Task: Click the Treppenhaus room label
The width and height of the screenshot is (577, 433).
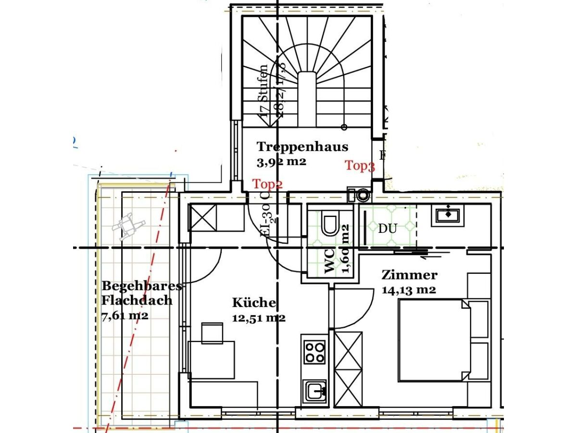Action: tap(302, 146)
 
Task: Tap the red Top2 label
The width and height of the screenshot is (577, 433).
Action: tap(268, 184)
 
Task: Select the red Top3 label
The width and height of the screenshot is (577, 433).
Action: tap(360, 166)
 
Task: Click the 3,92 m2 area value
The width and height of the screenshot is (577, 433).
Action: tap(281, 162)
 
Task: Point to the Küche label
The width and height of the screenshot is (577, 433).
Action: tap(254, 303)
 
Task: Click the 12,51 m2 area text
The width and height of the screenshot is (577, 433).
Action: tap(259, 318)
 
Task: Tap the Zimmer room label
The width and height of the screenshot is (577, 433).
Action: tap(409, 275)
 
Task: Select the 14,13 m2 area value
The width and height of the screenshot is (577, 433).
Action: tap(409, 290)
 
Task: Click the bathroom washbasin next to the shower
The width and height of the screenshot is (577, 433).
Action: tap(450, 215)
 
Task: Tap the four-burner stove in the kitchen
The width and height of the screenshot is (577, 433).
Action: tap(315, 352)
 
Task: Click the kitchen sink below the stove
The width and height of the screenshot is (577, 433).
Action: tap(315, 391)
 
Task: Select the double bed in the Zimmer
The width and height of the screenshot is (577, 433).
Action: tap(433, 340)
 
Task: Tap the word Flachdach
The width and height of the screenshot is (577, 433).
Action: tap(137, 301)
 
